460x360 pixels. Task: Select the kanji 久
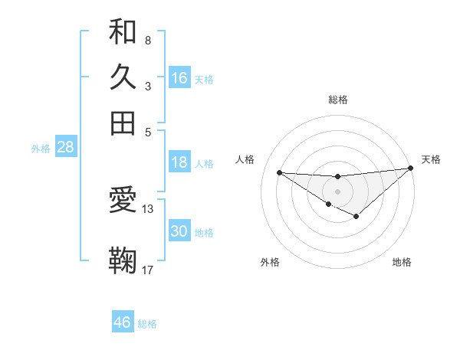(x=123, y=77)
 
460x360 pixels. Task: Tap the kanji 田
(x=123, y=123)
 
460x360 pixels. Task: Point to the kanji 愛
(x=123, y=201)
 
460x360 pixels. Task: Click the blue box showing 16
(x=179, y=77)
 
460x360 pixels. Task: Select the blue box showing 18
(x=179, y=162)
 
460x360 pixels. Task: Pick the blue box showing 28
(x=65, y=148)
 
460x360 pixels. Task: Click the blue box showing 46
(x=123, y=322)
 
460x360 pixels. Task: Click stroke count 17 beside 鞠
(x=148, y=270)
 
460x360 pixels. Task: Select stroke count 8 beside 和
(x=147, y=40)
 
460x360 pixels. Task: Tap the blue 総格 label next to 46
(x=147, y=324)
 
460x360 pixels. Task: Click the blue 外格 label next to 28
(x=41, y=149)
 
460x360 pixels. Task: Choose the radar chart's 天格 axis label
(x=431, y=159)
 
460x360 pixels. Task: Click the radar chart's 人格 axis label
(x=245, y=159)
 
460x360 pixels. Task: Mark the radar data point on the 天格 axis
(x=411, y=169)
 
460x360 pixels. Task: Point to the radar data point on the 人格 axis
(x=279, y=172)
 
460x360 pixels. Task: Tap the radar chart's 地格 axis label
(x=402, y=262)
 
